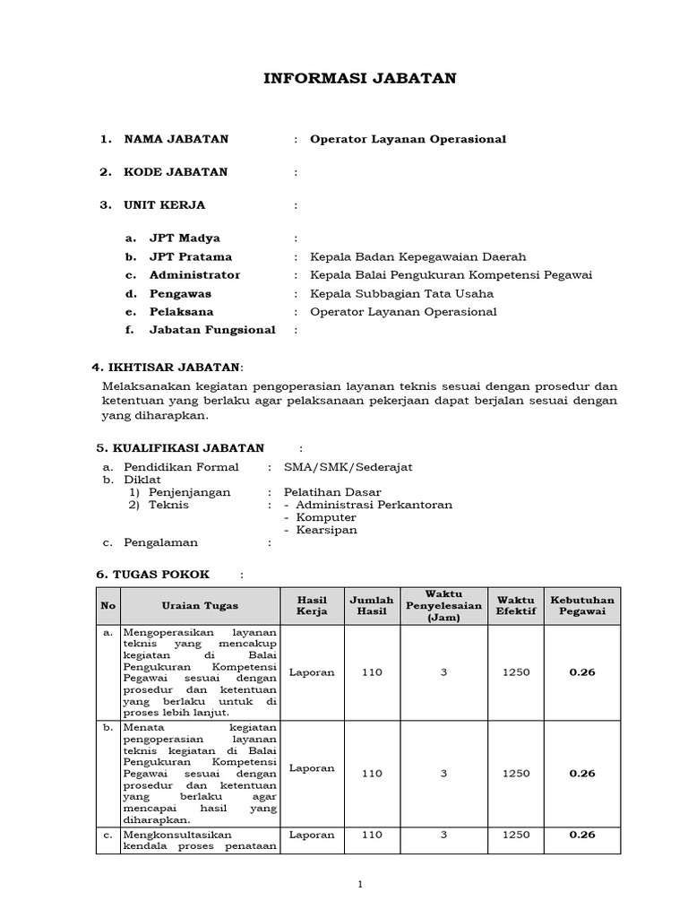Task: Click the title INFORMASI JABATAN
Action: (360, 79)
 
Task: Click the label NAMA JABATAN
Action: (176, 139)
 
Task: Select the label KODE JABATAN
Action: (176, 172)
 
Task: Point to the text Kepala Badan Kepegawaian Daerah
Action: (417, 257)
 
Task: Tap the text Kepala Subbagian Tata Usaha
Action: (401, 293)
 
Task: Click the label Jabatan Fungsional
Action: (212, 330)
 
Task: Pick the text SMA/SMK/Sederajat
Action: (348, 467)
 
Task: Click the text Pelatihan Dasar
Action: (332, 492)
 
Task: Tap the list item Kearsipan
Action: (326, 530)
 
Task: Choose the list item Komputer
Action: (326, 517)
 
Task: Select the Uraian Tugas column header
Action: (200, 606)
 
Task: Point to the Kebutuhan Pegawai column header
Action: (581, 606)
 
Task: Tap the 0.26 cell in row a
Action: (581, 671)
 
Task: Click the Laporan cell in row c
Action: (313, 835)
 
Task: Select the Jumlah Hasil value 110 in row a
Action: (371, 671)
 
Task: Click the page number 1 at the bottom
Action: (360, 885)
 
